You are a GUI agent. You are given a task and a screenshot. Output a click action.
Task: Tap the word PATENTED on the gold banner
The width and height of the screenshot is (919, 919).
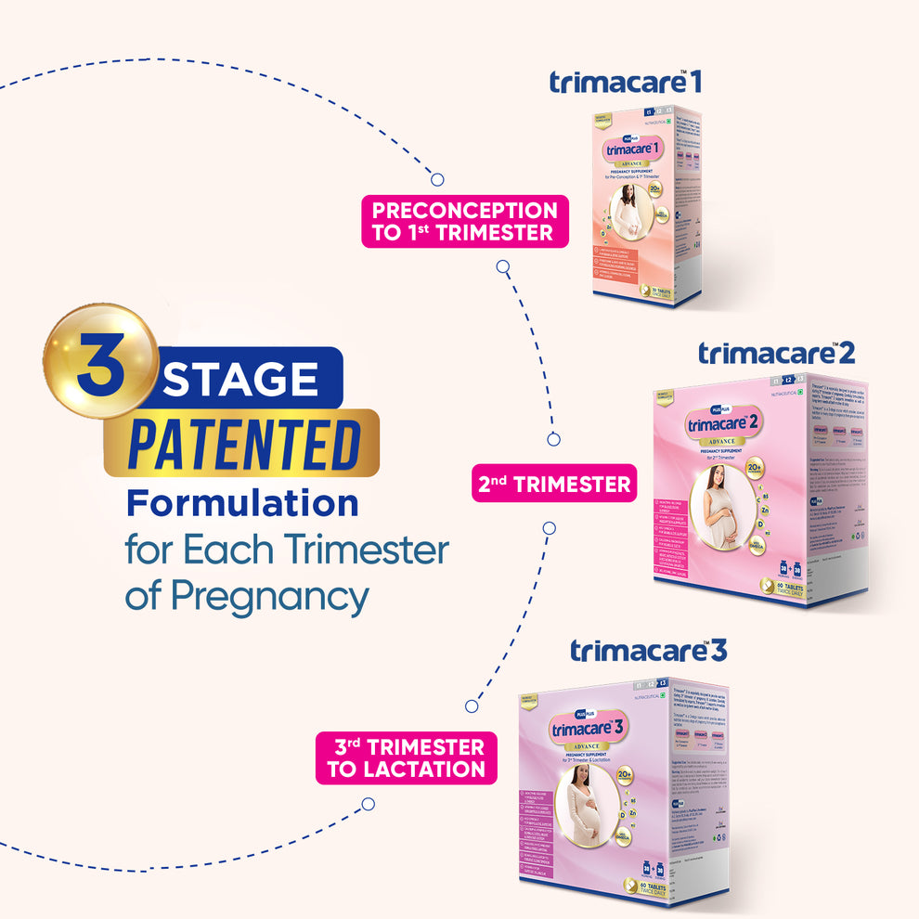[x=243, y=445]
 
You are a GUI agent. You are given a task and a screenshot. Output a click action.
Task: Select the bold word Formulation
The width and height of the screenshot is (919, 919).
[x=242, y=504]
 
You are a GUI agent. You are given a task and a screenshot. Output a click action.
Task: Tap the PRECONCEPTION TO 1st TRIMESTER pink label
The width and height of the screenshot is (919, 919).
[x=464, y=221]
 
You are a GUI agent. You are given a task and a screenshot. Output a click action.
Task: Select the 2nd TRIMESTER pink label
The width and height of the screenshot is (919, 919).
[x=554, y=484]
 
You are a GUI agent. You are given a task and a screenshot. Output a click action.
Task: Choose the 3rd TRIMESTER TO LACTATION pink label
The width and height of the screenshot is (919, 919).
[x=405, y=757]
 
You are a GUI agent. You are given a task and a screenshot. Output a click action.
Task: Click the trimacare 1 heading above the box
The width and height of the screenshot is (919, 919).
[x=625, y=82]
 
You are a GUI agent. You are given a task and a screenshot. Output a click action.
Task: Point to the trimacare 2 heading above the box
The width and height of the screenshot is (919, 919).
[x=776, y=353]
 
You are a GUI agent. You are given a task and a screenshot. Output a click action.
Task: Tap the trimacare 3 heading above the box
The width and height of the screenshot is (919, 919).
[x=648, y=651]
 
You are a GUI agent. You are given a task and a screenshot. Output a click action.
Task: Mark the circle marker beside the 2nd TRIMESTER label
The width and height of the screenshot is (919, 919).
[x=554, y=439]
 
